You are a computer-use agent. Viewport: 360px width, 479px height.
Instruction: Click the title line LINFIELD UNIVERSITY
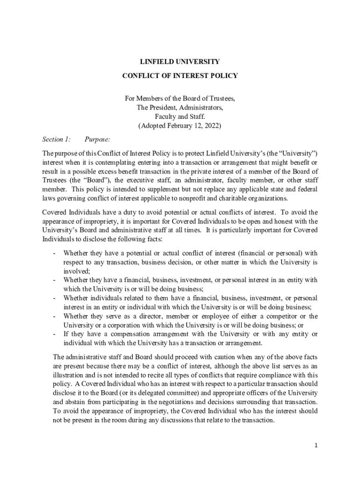click(180, 62)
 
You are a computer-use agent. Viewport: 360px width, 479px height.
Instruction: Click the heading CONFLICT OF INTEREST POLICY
click(180, 76)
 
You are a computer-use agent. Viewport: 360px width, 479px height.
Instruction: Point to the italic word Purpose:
click(97, 139)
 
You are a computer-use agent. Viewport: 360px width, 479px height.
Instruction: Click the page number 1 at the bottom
click(316, 446)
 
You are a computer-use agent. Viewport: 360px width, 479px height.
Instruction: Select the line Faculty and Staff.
click(180, 117)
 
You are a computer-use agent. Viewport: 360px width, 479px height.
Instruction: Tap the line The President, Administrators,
click(180, 108)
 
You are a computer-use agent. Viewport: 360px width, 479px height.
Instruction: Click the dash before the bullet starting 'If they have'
click(55, 334)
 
